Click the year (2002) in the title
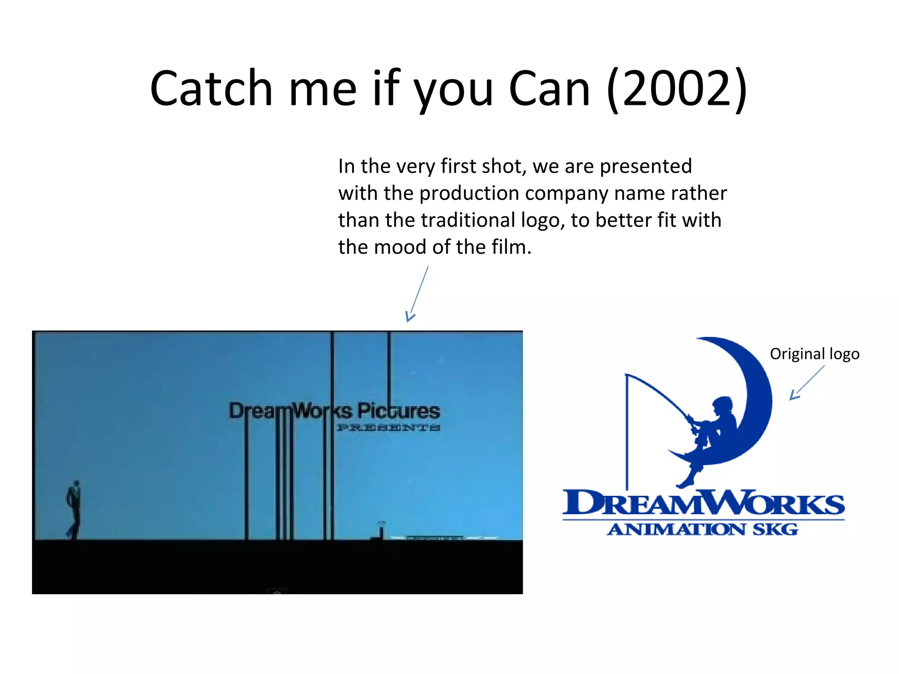(x=677, y=89)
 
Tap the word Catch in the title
(x=211, y=89)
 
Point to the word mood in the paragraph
(x=401, y=247)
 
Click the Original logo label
(x=814, y=354)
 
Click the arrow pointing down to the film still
(x=417, y=295)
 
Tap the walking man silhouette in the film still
(x=74, y=509)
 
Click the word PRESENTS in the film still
(x=388, y=428)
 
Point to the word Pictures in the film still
(x=398, y=411)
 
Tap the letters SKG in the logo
(x=776, y=530)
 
